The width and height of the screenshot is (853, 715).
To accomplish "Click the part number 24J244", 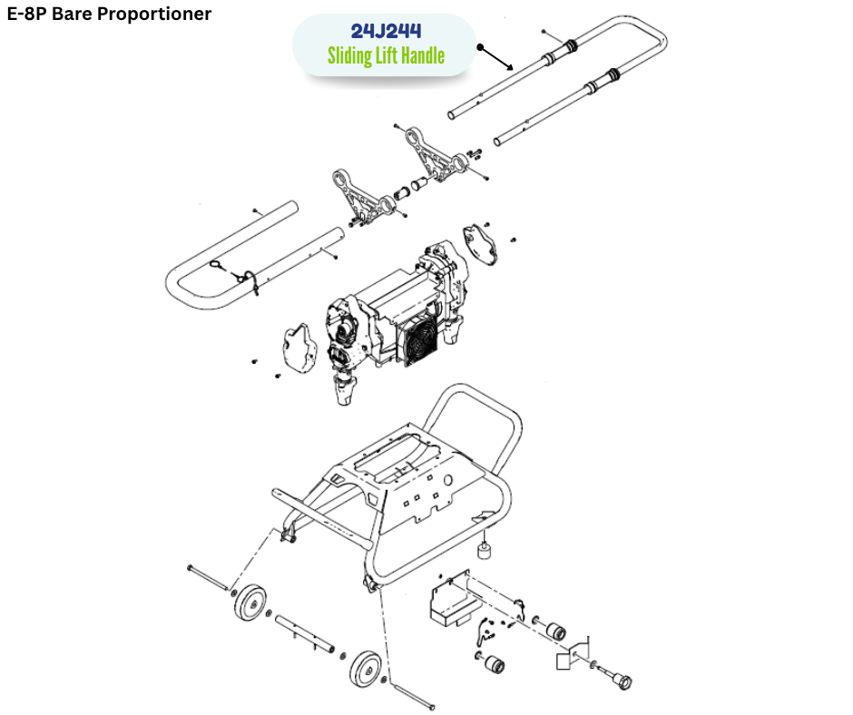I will pyautogui.click(x=386, y=32).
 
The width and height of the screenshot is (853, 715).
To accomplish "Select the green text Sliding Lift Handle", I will pyautogui.click(x=386, y=56).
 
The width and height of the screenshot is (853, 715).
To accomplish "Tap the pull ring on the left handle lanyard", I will pyautogui.click(x=219, y=265).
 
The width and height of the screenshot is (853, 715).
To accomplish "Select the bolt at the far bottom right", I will pyautogui.click(x=623, y=677).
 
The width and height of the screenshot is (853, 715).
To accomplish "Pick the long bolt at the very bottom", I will pyautogui.click(x=413, y=695).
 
